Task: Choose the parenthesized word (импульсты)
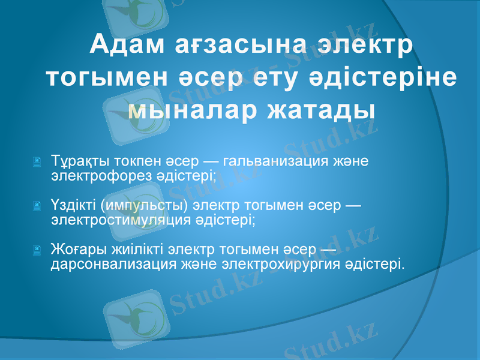click(143, 207)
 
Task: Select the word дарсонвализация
click(110, 263)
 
